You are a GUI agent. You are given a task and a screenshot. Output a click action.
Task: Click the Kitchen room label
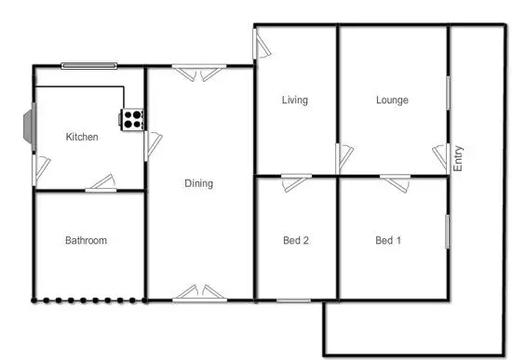[x=81, y=138]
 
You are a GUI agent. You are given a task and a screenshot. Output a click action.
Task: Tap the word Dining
[x=198, y=183]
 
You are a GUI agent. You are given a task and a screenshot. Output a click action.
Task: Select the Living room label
[x=295, y=100]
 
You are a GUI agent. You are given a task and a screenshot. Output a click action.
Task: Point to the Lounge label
[x=392, y=100]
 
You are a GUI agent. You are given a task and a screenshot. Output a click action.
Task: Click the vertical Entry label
[x=458, y=158]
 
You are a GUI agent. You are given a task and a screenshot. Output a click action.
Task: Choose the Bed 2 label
[x=295, y=240]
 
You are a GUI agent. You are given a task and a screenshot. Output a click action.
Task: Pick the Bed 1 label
[x=388, y=240]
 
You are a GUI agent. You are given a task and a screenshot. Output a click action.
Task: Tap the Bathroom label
[x=86, y=240]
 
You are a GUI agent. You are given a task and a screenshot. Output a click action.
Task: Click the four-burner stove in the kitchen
[x=131, y=118]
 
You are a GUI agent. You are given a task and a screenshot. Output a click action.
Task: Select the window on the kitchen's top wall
[x=89, y=65]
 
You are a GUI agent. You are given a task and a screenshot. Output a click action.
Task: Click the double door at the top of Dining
[x=198, y=71]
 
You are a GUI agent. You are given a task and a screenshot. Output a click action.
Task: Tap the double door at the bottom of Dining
[x=198, y=293]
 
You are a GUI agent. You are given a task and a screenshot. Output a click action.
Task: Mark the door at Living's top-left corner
[x=260, y=42]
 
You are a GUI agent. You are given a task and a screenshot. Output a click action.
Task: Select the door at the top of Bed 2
[x=297, y=180]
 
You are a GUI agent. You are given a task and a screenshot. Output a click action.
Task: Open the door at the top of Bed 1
[x=394, y=180]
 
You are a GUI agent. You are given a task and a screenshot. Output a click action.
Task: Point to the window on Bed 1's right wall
[x=448, y=231]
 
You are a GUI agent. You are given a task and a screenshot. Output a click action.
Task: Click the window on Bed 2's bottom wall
[x=293, y=300]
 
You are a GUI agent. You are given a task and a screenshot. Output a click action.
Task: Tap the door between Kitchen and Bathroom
[x=101, y=185]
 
